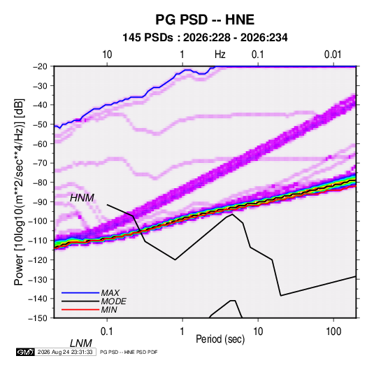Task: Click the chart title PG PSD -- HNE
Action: click(x=205, y=20)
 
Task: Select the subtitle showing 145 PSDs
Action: click(x=205, y=38)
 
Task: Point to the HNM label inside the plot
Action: click(x=82, y=198)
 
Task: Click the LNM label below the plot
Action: click(x=80, y=343)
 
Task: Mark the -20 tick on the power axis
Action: click(x=40, y=66)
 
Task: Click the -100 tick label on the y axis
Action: click(x=38, y=221)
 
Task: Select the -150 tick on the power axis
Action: click(x=38, y=318)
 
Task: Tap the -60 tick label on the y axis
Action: click(x=40, y=143)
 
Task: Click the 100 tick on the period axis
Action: click(x=333, y=332)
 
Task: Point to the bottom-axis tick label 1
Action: click(x=182, y=332)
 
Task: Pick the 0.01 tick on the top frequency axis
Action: click(x=333, y=55)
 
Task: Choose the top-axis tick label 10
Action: click(x=107, y=55)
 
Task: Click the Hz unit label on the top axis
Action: click(x=220, y=55)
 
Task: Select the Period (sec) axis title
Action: click(x=220, y=339)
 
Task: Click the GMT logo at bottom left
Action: click(x=25, y=352)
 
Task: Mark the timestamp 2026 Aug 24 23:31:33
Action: click(x=65, y=352)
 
